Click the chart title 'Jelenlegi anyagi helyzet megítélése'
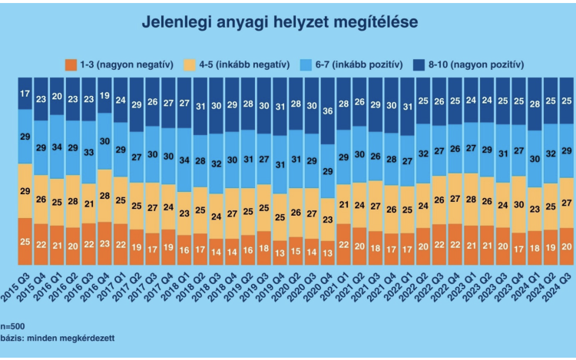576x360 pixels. pyautogui.click(x=280, y=22)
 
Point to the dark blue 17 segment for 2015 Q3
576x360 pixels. pyautogui.click(x=25, y=94)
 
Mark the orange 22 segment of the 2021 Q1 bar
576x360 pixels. pyautogui.click(x=344, y=245)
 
